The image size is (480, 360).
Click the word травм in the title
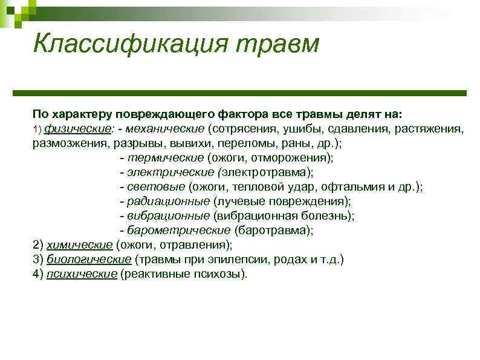[274, 44]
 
